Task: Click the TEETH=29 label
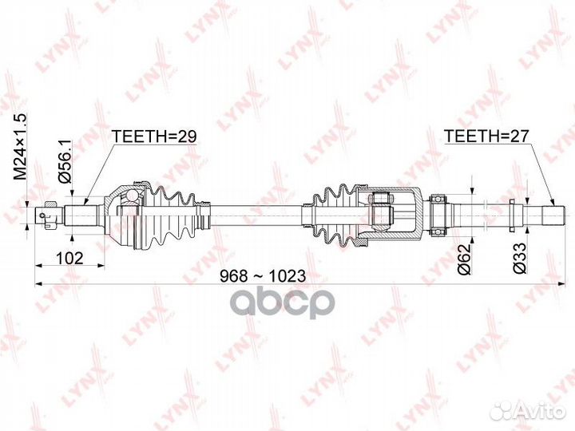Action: click(154, 136)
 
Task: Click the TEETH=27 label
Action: click(486, 136)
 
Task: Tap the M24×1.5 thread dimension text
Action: click(20, 147)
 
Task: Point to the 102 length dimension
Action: click(69, 258)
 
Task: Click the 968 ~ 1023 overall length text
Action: click(263, 276)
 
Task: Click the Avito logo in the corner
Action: click(530, 411)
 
